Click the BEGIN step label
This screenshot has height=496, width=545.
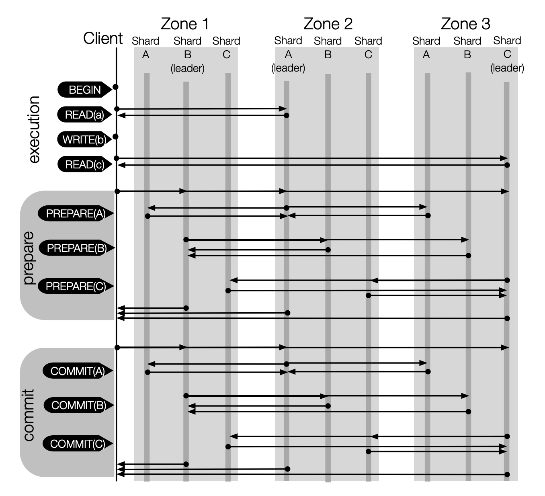(84, 90)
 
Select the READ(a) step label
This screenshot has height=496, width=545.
(84, 115)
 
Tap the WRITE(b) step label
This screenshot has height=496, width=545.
(84, 140)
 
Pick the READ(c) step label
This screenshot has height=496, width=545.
(84, 164)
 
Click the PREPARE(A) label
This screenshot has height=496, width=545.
(76, 213)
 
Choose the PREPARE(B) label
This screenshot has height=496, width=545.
(76, 248)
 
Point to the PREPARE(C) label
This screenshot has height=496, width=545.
(76, 286)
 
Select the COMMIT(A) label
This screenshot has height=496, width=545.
(78, 371)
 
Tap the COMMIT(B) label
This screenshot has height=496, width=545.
(78, 405)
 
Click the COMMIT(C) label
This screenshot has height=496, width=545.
(78, 444)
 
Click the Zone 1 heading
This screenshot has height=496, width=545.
(185, 24)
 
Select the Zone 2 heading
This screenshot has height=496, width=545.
(328, 24)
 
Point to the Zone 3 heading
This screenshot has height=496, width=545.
(465, 24)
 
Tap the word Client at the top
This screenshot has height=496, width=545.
(103, 39)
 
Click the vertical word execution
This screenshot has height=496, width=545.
(34, 129)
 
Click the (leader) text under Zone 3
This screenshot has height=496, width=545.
(507, 68)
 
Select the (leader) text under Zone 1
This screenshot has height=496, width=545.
(188, 68)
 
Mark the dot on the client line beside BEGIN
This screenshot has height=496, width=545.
(116, 87)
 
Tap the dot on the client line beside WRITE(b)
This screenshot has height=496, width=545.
(116, 137)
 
